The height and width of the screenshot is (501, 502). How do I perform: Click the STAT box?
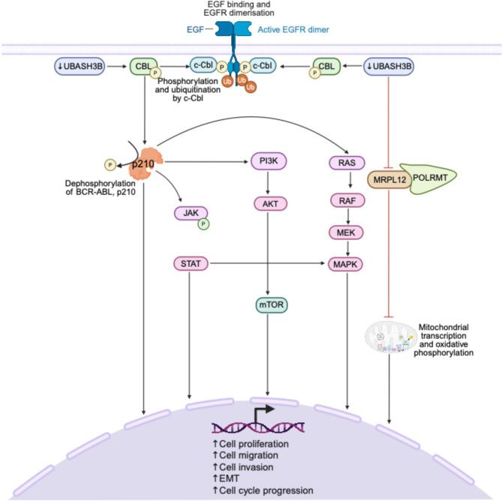(189, 264)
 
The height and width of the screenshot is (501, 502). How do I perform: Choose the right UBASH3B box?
(394, 66)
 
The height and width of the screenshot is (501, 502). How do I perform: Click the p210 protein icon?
(147, 162)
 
